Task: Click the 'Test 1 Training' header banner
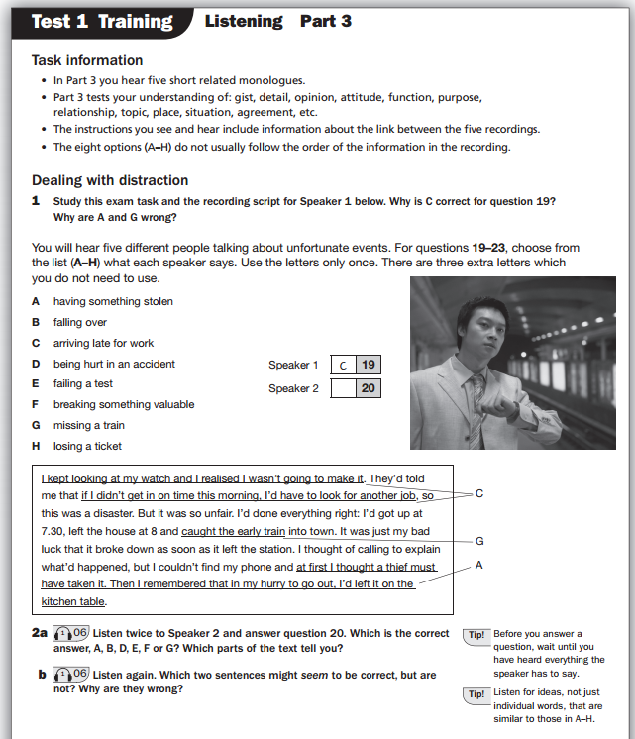click(x=102, y=21)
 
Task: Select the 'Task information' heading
click(x=87, y=60)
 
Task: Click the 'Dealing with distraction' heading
click(x=109, y=180)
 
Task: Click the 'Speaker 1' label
click(x=293, y=365)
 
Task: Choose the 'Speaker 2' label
click(x=293, y=388)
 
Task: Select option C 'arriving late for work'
click(x=103, y=343)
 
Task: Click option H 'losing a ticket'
click(x=87, y=446)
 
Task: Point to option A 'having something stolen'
click(x=112, y=301)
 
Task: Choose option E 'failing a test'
click(x=82, y=383)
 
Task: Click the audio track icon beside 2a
click(x=72, y=631)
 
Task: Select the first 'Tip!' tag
click(x=476, y=634)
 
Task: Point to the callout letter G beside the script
click(x=479, y=541)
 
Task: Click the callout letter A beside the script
click(x=479, y=564)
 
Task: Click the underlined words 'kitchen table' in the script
click(x=73, y=601)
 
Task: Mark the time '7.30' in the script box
click(x=53, y=531)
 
